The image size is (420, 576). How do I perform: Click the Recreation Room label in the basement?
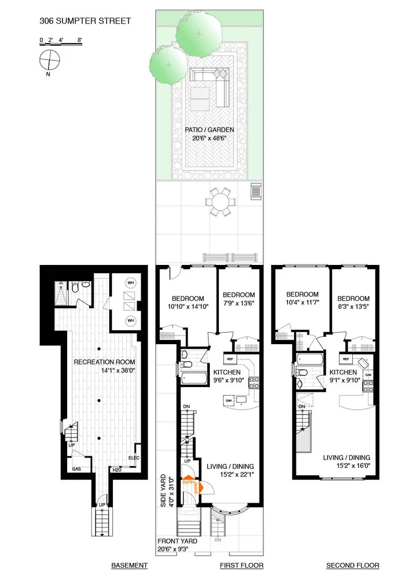pyautogui.click(x=104, y=362)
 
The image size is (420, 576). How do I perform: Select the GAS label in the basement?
pyautogui.click(x=77, y=468)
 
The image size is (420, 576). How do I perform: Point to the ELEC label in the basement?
pyautogui.click(x=133, y=457)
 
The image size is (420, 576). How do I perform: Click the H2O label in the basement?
pyautogui.click(x=117, y=470)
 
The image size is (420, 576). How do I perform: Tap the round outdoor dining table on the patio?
pyautogui.click(x=220, y=201)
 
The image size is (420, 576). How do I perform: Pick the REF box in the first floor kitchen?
pyautogui.click(x=230, y=359)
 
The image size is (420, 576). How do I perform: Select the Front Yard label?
pyautogui.click(x=177, y=541)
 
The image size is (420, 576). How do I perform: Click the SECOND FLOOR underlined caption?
pyautogui.click(x=352, y=566)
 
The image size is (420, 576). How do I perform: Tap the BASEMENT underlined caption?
pyautogui.click(x=129, y=566)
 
